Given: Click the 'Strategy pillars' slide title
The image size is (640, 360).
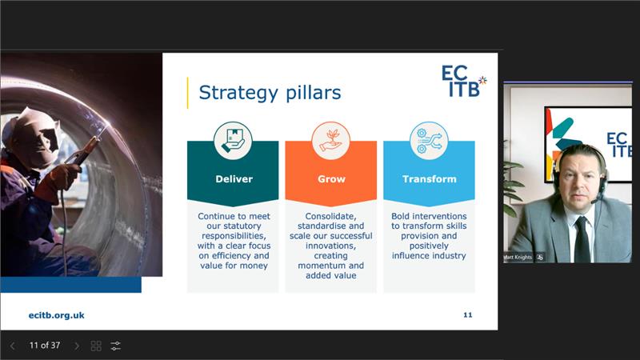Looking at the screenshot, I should point(270,93).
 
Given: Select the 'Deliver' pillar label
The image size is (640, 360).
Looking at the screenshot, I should point(233,178).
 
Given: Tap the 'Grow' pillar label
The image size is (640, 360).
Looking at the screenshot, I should point(330,178).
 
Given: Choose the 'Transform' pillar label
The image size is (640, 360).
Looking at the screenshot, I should point(429,178).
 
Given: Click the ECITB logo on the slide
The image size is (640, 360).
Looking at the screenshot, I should point(463,81).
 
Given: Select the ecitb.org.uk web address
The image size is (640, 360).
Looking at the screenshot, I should point(56,315).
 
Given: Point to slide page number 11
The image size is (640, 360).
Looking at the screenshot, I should point(467,315).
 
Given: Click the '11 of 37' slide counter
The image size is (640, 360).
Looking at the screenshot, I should point(45,346).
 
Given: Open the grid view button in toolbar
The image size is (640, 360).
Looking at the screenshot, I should point(96,346).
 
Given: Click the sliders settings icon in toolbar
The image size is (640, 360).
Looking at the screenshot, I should point(116,346).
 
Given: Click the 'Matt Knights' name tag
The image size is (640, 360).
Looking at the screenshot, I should point(519,257).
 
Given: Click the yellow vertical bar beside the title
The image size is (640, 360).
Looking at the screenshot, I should point(188,93).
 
